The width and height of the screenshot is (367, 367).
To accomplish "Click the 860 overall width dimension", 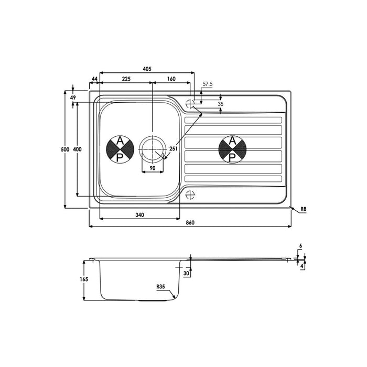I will coord(190,223).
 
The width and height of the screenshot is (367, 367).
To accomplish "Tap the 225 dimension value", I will coord(126,79).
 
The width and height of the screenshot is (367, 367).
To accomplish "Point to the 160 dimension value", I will coord(171,79).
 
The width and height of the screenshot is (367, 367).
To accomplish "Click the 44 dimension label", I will coord(94,79).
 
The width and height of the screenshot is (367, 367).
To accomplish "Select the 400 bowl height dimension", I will coord(78,150).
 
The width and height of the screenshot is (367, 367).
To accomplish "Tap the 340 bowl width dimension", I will coord(139,215).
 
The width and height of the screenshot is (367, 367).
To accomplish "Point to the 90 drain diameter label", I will coord(153,168).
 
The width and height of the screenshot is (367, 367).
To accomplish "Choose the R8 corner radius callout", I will coord(304,210).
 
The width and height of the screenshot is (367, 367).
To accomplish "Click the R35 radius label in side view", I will coord(160,287).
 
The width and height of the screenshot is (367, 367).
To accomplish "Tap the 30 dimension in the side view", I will coord(187,273).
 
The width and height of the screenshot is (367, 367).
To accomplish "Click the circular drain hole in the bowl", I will coord(153,148).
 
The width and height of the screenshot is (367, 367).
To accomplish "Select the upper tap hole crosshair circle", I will coord(191,103).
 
